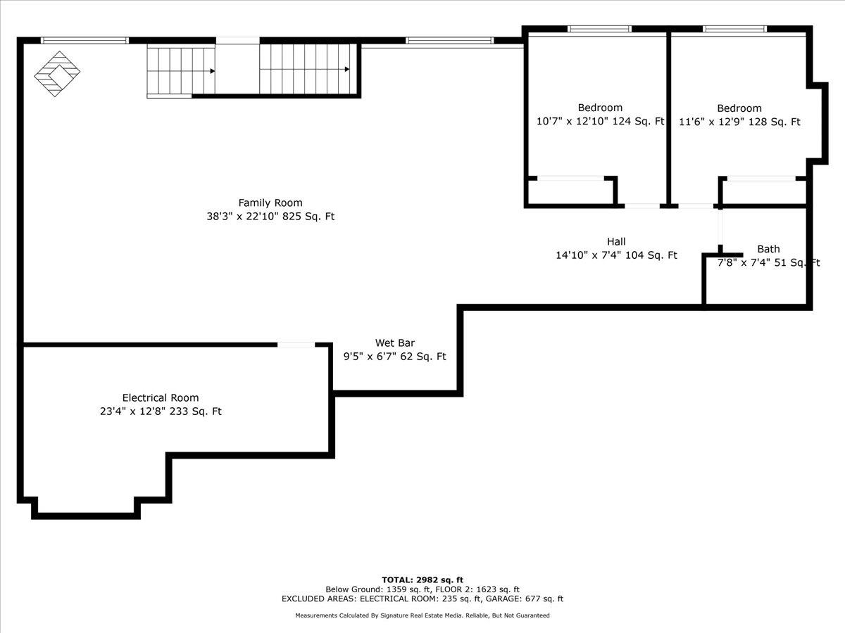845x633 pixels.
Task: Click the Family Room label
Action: tap(270, 203)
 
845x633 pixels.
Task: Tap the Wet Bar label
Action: tap(395, 343)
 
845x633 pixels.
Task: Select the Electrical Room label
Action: tap(161, 397)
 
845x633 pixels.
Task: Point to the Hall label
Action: tap(616, 241)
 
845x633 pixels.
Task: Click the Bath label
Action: tap(768, 249)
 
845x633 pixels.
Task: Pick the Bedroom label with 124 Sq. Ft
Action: tap(600, 107)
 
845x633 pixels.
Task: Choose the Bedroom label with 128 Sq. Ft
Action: tap(739, 108)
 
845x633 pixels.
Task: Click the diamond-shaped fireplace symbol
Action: tap(57, 74)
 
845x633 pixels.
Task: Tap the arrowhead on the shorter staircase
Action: tap(212, 71)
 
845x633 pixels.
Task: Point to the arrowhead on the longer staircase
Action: tap(347, 69)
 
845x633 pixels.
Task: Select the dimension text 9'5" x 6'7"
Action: tap(370, 357)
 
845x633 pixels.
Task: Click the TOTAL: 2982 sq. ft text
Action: tap(423, 580)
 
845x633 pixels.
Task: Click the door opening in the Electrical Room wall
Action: tap(296, 345)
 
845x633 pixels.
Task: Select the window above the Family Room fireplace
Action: tap(84, 40)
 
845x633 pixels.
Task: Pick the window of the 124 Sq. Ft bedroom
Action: tap(599, 29)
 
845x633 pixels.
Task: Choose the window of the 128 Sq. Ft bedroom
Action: tap(734, 29)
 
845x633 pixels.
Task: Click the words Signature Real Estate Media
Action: tap(421, 615)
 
